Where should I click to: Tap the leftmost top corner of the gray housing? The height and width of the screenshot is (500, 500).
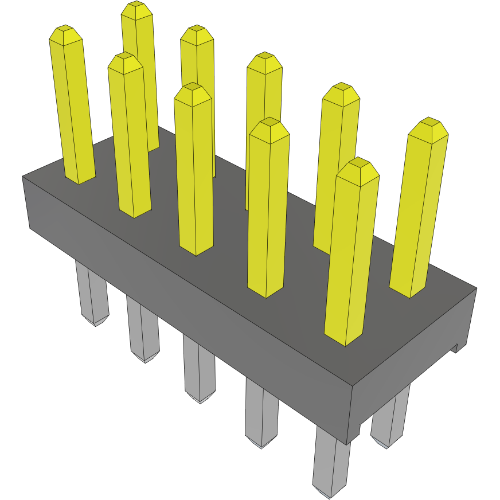click(23, 177)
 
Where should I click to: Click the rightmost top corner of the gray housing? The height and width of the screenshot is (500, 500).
click(476, 288)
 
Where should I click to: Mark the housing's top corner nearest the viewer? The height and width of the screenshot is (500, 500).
click(351, 385)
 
